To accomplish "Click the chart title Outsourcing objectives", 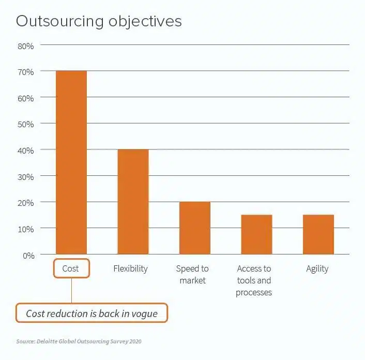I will pos(98,21).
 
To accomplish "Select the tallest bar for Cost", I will pos(71,162).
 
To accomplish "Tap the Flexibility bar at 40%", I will pos(133,202).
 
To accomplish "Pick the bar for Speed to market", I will pos(194,228).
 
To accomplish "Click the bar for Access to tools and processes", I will pos(256,234).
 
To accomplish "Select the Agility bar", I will pos(318,234).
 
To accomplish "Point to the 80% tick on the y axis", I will pos(25,46).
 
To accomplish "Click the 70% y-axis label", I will pos(25,72).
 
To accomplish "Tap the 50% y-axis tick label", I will pos(25,124).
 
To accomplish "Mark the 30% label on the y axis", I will pos(25,176).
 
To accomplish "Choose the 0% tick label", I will pos(27,254).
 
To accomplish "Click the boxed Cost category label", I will pos(71,268).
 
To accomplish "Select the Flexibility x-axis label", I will pos(130,268).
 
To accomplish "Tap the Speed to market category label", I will pos(192,275).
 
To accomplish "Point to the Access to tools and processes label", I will pos(254,280).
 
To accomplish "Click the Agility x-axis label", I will pos(317,268).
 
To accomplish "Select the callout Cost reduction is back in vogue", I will pos(92,313).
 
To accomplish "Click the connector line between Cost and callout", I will pos(71,291).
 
